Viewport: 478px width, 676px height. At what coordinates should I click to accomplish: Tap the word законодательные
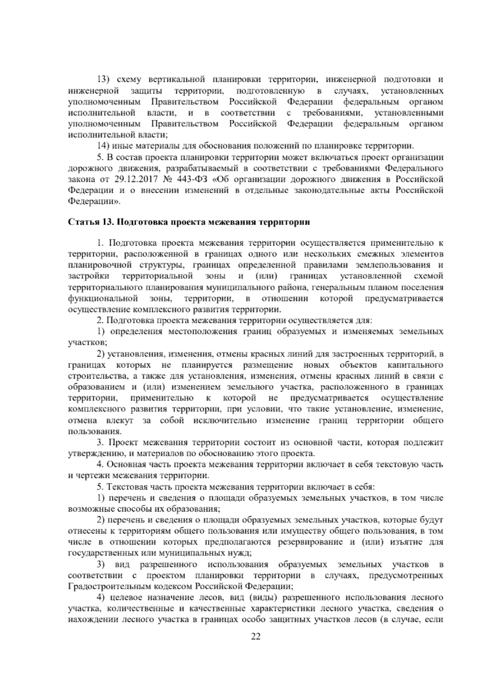pyautogui.click(x=329, y=190)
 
